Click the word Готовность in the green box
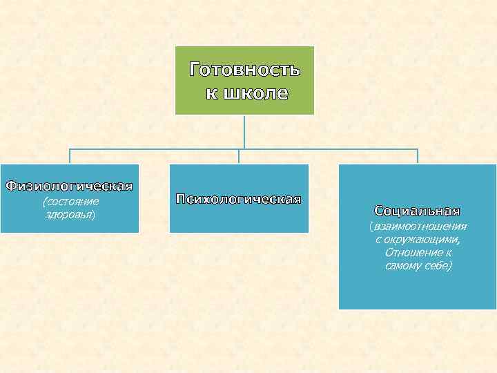pos(244,70)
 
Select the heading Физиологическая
pos(69,186)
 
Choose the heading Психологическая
pos(239,200)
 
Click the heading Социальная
pos(417,211)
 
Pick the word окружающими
pos(422,240)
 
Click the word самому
pos(402,266)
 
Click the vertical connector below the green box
pos(244,131)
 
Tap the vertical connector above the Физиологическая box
pos(70,157)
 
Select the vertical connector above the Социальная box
pos(417,157)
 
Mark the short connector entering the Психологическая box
pos(239,157)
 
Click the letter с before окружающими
pos(378,240)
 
